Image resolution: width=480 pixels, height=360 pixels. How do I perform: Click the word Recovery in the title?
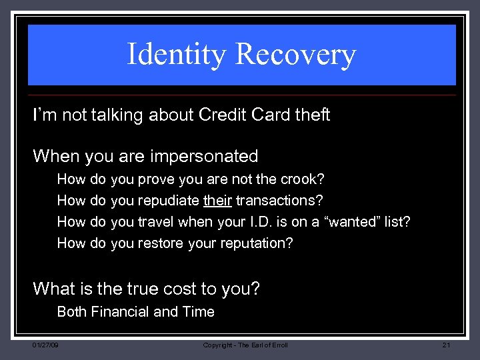tap(296, 55)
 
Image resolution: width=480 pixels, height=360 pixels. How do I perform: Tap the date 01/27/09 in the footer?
tap(45, 345)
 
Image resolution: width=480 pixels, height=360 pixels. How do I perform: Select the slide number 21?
tap(446, 345)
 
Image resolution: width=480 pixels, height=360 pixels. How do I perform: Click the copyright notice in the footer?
tap(245, 345)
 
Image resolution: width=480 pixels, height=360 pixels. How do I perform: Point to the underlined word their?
tap(217, 201)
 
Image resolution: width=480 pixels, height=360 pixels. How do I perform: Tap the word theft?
tap(312, 115)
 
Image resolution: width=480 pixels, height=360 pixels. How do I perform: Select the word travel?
tap(155, 222)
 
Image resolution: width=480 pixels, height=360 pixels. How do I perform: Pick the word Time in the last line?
tap(199, 312)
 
